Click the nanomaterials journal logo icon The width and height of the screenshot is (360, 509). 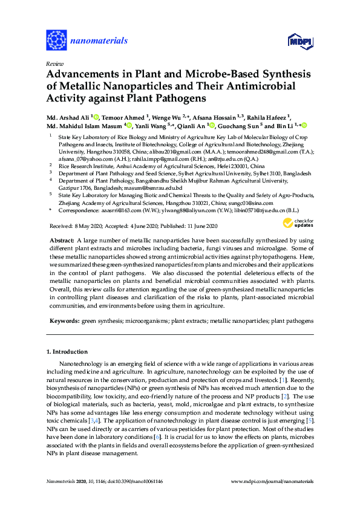pos(56,41)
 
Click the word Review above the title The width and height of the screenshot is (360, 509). pos(54,63)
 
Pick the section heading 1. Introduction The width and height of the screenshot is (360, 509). pos(66,351)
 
